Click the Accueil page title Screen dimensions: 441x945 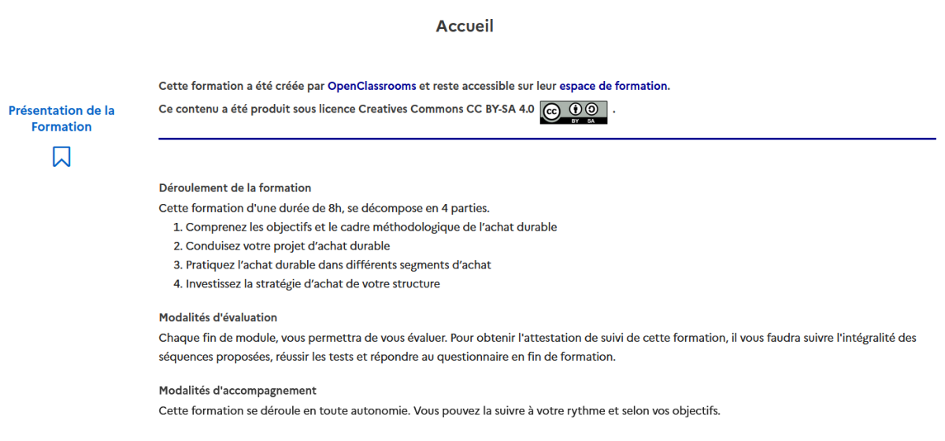pyautogui.click(x=465, y=26)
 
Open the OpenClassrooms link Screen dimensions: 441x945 pyautogui.click(x=372, y=86)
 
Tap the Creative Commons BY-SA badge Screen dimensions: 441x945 pyautogui.click(x=573, y=113)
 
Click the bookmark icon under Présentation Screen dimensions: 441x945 pyautogui.click(x=61, y=157)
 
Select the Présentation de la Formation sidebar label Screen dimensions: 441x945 pyautogui.click(x=61, y=119)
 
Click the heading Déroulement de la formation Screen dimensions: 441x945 pyautogui.click(x=235, y=188)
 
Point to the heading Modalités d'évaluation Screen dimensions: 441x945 pyautogui.click(x=218, y=317)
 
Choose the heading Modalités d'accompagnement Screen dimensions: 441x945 pyautogui.click(x=237, y=390)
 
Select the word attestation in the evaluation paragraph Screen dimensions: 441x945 pyautogui.click(x=557, y=338)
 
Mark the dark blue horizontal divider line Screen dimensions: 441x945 pyautogui.click(x=547, y=139)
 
